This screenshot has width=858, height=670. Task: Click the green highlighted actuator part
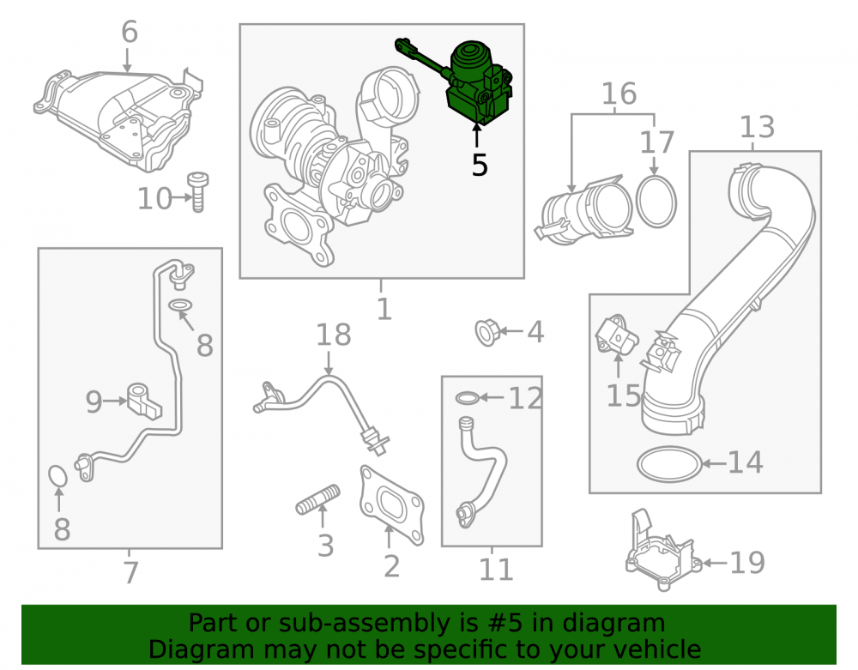tap(476, 82)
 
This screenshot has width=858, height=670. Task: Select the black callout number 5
tap(480, 166)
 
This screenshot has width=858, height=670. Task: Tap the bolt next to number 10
tap(197, 192)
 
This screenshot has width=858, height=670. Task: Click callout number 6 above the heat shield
tap(130, 32)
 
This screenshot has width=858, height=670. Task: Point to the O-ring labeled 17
tap(656, 202)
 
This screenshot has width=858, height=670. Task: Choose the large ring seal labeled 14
tap(669, 464)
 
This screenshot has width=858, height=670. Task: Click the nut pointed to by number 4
tap(486, 332)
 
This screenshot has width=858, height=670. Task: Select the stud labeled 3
tap(318, 500)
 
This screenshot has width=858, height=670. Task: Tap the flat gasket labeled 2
tap(391, 504)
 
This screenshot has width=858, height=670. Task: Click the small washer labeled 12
tap(468, 397)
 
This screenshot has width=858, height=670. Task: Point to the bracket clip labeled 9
tap(144, 401)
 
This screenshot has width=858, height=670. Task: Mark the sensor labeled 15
tap(616, 335)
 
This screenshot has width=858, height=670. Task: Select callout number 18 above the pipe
tap(333, 335)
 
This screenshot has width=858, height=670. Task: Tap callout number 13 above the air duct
tap(757, 128)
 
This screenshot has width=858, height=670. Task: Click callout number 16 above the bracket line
tap(619, 94)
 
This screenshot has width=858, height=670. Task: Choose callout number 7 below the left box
tap(130, 573)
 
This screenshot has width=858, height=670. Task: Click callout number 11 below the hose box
tap(496, 570)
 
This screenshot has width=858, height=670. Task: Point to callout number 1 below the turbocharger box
tap(384, 309)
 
